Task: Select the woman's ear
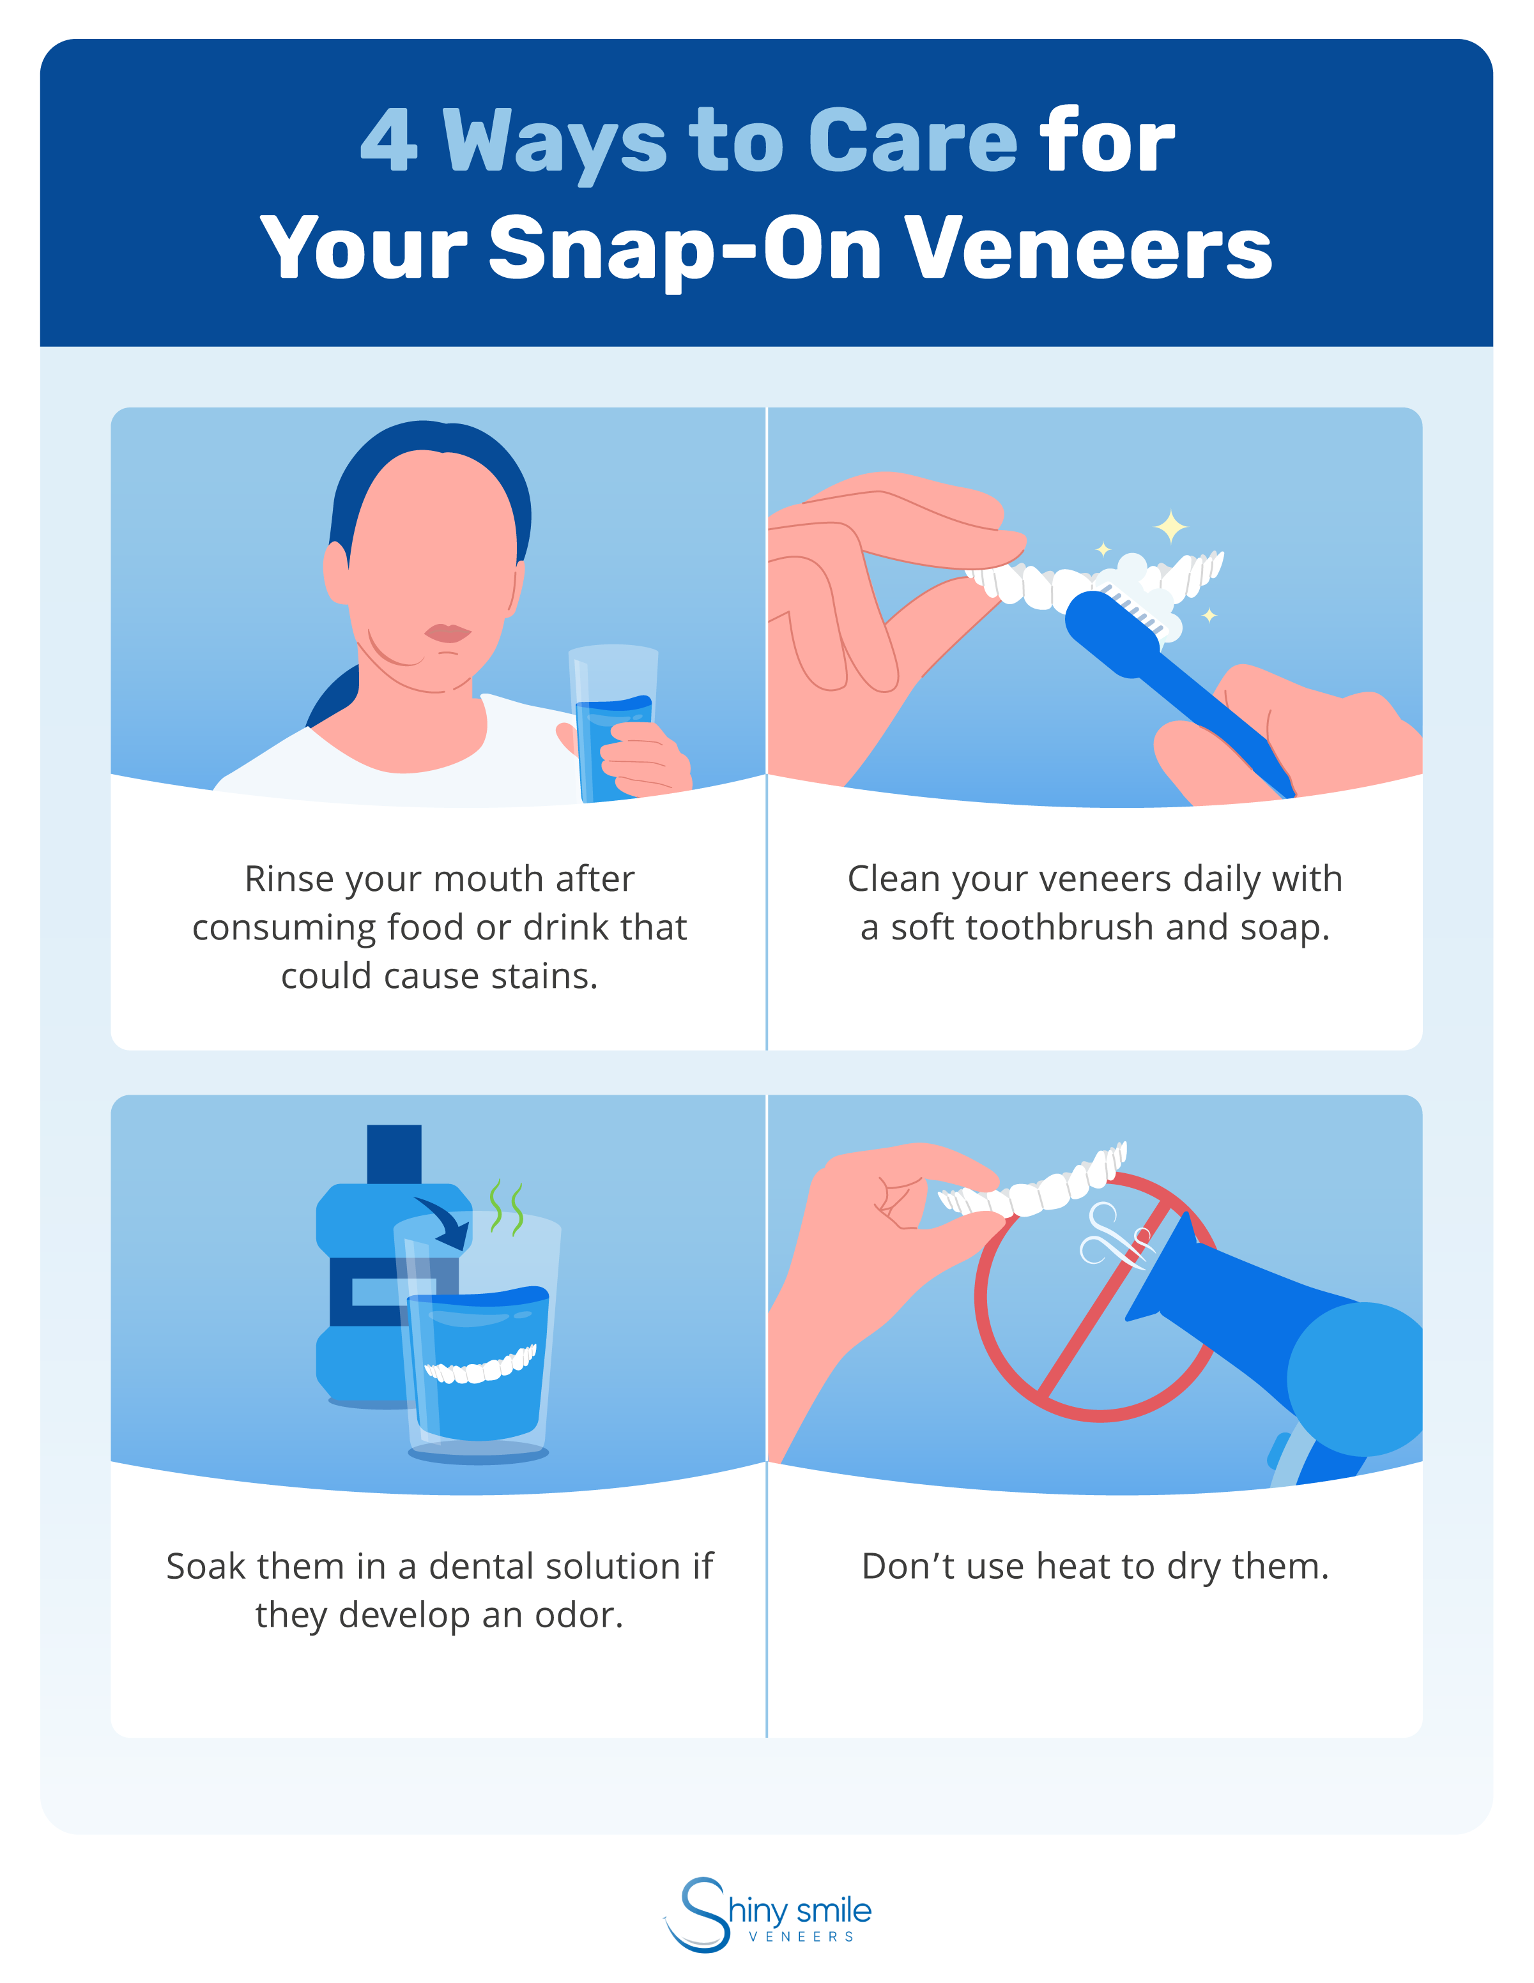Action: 337,572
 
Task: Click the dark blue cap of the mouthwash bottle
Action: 394,1153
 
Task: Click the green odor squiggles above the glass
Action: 507,1208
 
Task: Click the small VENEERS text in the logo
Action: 801,1936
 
